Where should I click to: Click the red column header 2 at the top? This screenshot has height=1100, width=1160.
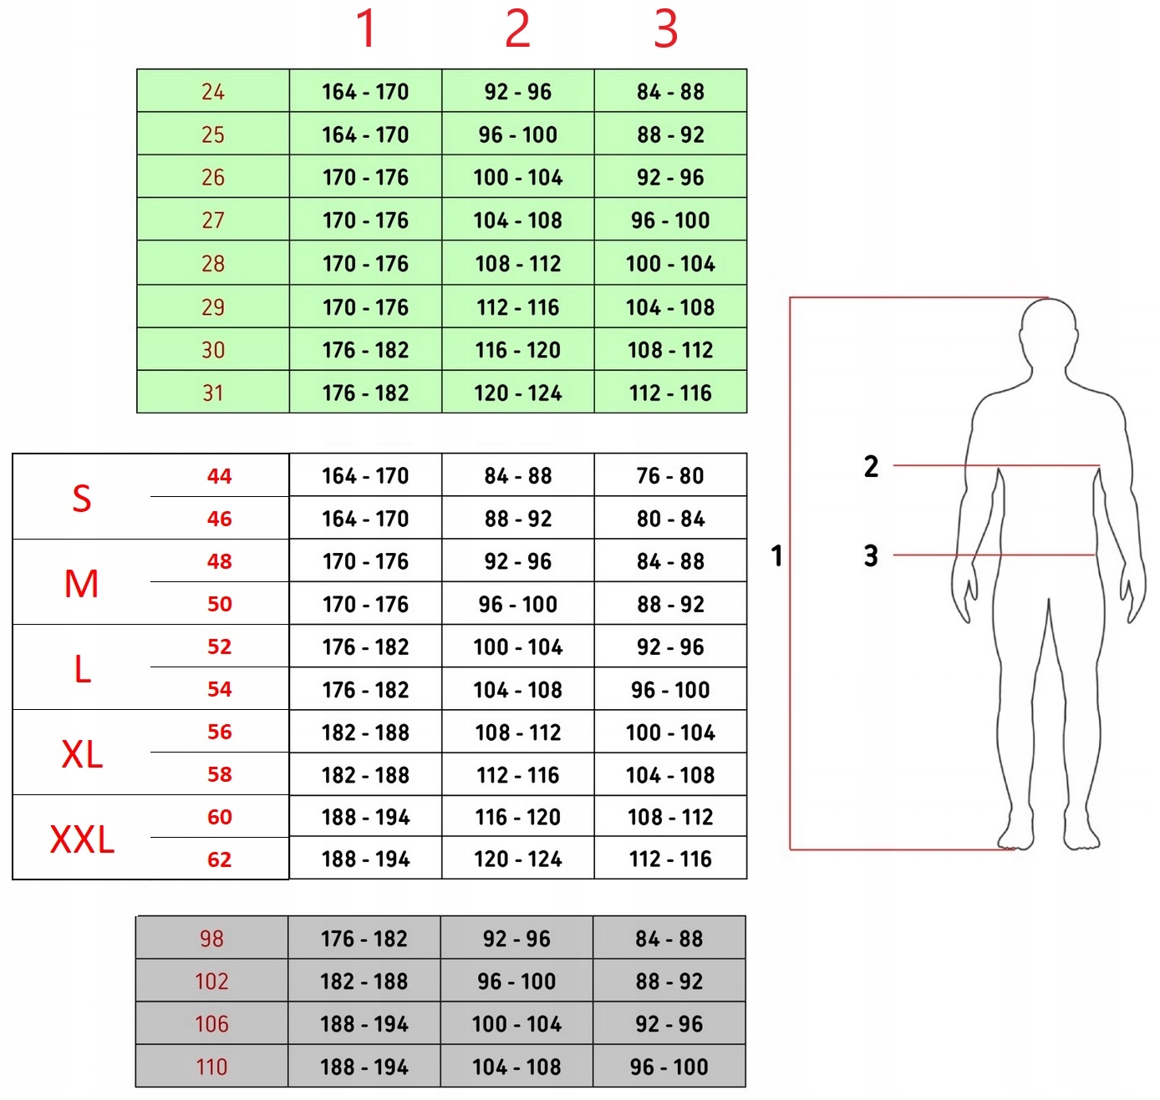517,29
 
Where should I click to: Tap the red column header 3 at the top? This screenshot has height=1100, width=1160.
665,29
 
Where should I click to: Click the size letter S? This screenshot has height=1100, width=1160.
81,499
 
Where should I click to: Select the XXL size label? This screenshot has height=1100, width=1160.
82,839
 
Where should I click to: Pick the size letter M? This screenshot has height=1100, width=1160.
81,584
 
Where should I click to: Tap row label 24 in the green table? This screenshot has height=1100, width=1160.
213,92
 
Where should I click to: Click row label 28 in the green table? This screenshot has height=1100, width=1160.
213,264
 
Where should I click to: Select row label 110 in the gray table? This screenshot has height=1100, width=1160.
211,1067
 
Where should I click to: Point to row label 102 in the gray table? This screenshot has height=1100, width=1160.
211,981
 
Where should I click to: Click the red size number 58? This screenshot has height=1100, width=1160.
220,774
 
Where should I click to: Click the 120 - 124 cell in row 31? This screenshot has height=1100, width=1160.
518,393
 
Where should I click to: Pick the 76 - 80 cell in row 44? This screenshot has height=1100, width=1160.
670,476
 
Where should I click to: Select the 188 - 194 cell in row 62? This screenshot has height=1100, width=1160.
365,859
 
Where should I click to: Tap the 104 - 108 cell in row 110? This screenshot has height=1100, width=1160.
516,1067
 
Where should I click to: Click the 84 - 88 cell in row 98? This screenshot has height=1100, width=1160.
669,939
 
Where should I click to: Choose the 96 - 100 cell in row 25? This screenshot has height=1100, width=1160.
518,134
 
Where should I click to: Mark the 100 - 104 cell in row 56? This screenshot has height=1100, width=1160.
670,732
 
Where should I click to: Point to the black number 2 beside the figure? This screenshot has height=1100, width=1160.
871,466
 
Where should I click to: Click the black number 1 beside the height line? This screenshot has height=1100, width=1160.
776,555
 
